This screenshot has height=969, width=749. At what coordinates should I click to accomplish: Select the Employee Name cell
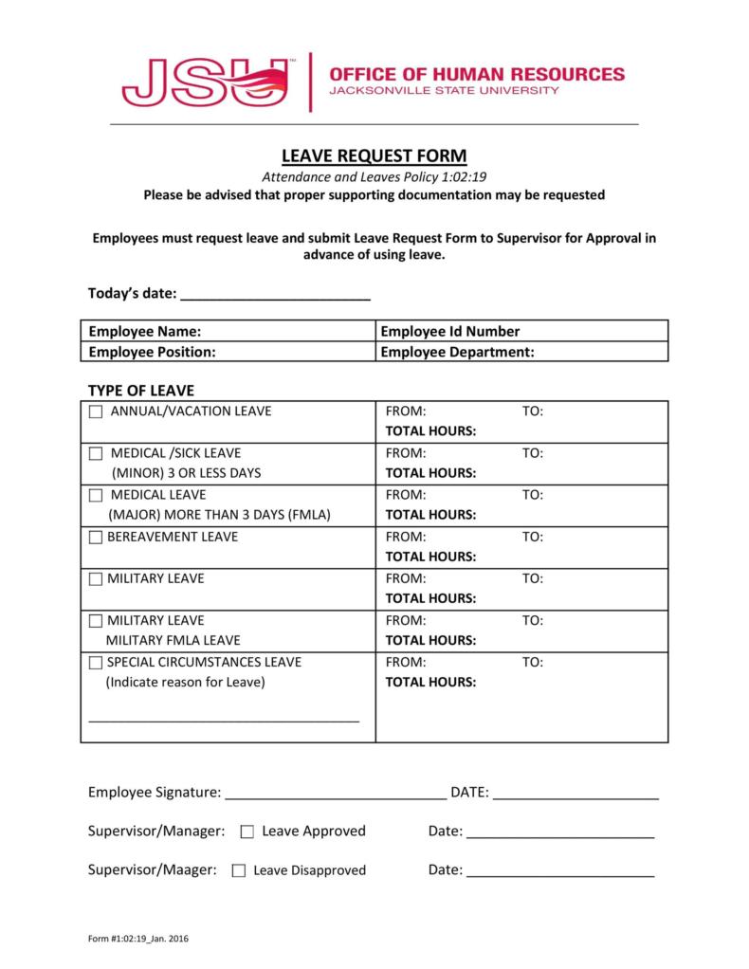tap(228, 331)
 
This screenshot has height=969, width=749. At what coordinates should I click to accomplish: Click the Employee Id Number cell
tap(521, 331)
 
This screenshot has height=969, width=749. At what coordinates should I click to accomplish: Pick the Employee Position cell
tap(228, 352)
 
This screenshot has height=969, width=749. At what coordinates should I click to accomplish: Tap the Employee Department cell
tap(521, 352)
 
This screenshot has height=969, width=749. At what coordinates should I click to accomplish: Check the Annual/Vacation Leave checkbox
tap(96, 412)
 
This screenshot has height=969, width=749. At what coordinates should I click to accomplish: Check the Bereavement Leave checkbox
tap(96, 538)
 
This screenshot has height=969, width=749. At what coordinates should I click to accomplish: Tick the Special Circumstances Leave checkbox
tap(96, 663)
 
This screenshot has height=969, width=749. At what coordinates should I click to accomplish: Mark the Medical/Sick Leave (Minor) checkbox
tap(96, 454)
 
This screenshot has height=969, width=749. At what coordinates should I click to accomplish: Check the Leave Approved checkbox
tap(247, 832)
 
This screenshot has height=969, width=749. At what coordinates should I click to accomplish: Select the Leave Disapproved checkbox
tap(239, 870)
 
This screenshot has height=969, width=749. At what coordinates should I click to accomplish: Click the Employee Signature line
tap(336, 794)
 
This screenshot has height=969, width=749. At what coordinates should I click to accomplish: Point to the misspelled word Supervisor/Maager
tap(153, 869)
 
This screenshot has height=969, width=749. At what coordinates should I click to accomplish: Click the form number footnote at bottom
tap(138, 939)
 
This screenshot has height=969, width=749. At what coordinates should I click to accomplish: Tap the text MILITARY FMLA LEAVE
tap(173, 640)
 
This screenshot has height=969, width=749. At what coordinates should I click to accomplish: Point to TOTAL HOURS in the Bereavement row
tap(430, 557)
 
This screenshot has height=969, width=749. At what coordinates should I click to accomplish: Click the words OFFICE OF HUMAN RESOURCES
tap(476, 73)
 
